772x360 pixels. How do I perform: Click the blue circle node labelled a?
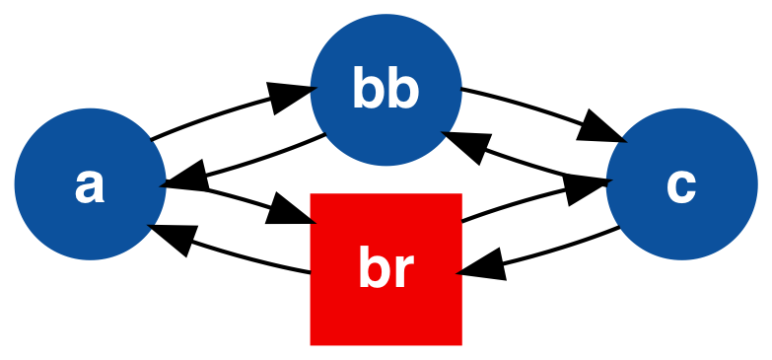[90, 184]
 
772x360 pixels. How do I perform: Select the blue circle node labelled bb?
[386, 90]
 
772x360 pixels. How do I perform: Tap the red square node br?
[386, 269]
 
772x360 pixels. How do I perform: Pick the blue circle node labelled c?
[681, 184]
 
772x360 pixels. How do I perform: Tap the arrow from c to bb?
[532, 163]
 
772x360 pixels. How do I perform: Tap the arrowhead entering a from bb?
[184, 180]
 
